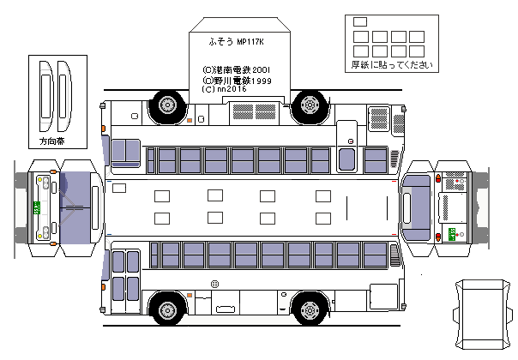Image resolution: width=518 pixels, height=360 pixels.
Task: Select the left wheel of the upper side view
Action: pyautogui.click(x=166, y=106)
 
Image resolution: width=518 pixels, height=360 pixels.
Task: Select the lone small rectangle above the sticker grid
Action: pyautogui.click(x=359, y=22)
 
